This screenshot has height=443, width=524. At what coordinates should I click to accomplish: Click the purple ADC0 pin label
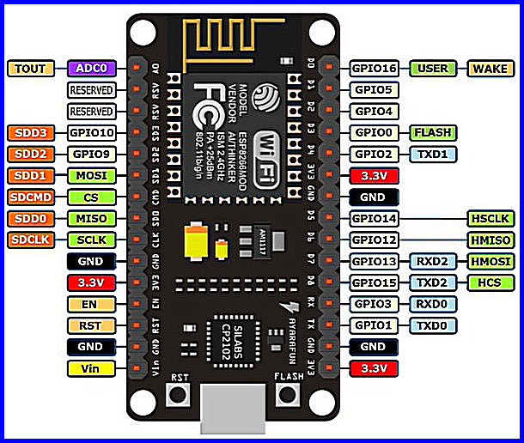click(91, 68)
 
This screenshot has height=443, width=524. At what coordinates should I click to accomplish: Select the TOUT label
click(31, 68)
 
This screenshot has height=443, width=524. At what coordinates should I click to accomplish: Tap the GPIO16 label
click(375, 68)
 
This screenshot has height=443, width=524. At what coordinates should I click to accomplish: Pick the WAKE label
click(490, 68)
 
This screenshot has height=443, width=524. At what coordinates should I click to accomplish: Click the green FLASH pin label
click(432, 132)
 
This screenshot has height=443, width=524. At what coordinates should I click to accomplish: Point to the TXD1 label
click(432, 155)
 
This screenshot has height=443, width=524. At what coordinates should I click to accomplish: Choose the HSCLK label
click(490, 219)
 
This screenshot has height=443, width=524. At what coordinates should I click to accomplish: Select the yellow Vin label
click(91, 368)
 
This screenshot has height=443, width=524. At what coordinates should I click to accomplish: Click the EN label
click(91, 303)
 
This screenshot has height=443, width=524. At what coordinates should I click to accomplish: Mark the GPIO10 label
click(91, 132)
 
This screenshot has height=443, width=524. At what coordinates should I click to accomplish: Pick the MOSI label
click(91, 175)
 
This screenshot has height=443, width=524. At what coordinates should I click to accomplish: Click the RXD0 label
click(432, 303)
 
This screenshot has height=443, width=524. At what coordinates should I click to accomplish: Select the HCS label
click(490, 282)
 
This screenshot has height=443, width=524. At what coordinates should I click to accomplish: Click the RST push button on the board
click(180, 394)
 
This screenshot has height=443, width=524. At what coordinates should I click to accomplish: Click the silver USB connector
click(231, 412)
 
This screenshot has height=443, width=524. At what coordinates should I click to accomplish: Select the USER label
click(432, 68)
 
